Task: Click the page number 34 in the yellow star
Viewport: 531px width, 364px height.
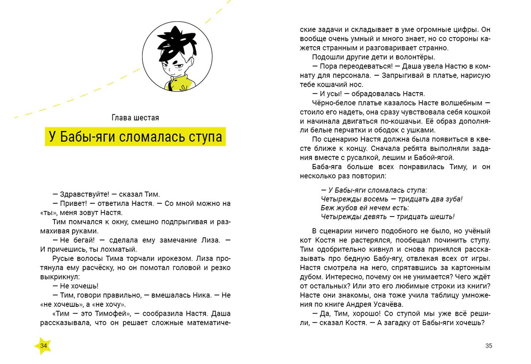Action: pos(43,346)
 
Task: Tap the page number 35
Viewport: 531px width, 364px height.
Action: pos(489,346)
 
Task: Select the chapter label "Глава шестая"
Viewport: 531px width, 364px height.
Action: pos(135,118)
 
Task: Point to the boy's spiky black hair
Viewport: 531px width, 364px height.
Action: pos(174,42)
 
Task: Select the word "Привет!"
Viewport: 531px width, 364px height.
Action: pos(73,203)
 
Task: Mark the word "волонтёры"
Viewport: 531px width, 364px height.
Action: pos(416,57)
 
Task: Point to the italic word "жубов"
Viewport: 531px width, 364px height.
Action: pos(346,208)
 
